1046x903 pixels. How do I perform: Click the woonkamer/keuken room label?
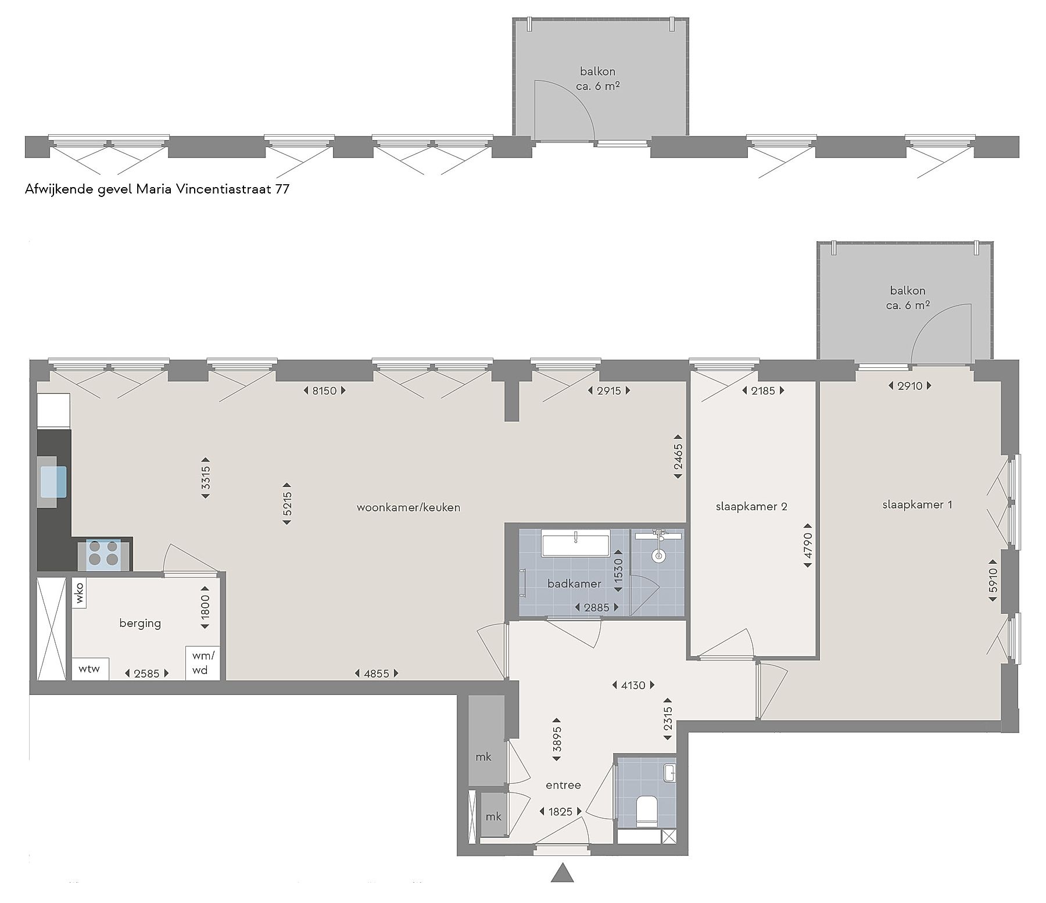tap(408, 507)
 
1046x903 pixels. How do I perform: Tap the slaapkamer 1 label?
tap(917, 504)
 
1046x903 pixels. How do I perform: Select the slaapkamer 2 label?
tap(751, 506)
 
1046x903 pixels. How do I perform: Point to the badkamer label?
tap(574, 583)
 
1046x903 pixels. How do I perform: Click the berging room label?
tap(140, 623)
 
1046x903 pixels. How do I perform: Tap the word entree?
tap(563, 785)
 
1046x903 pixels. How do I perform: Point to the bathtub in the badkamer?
tap(575, 543)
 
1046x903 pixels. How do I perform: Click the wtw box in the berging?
tap(89, 668)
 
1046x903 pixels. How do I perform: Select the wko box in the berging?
tap(80, 593)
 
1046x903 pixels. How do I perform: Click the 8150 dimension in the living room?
tap(324, 390)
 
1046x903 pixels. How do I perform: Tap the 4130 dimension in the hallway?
tap(633, 685)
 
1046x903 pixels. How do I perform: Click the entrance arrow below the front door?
tap(561, 873)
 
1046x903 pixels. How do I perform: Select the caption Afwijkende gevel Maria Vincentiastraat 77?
tap(157, 189)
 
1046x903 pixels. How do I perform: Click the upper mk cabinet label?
tap(483, 757)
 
